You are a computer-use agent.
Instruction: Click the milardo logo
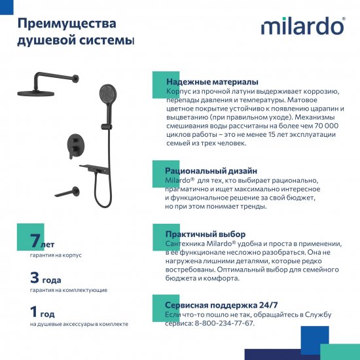point(302,26)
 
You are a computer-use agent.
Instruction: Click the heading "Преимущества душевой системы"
point(67,32)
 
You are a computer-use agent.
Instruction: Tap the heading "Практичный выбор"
point(206,234)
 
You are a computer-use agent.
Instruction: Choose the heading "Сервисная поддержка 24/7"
point(221,305)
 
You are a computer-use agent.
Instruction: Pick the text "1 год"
point(42,312)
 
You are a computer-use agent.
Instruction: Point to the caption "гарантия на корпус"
point(56,255)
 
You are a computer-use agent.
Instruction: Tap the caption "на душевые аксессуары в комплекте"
point(79,324)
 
